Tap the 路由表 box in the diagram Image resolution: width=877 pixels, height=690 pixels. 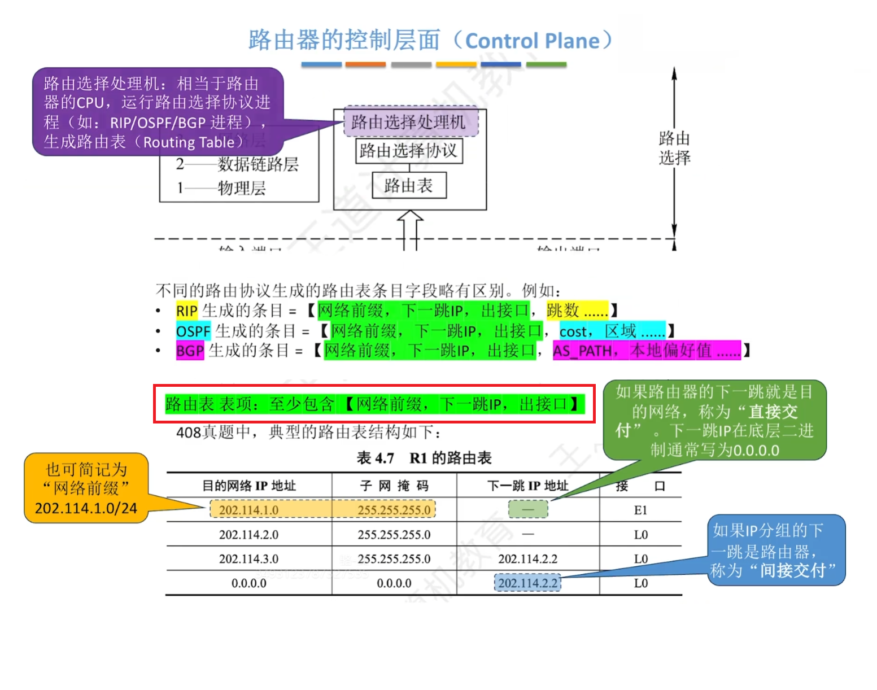tap(409, 185)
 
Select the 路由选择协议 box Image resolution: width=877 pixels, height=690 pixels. tap(409, 151)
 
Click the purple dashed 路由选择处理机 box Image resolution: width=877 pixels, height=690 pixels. tap(411, 122)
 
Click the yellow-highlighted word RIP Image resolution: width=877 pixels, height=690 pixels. tap(186, 311)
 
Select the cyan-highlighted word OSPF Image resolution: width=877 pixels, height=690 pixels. tap(193, 331)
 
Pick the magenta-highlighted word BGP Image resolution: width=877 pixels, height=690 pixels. tap(189, 351)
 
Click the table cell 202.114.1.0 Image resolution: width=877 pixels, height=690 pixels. tap(248, 510)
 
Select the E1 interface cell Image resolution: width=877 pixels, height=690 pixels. tap(640, 510)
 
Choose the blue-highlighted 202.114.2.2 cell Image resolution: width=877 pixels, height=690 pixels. tap(527, 583)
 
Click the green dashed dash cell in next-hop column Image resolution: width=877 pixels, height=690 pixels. tap(527, 509)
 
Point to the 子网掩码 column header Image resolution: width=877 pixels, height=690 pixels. tap(394, 486)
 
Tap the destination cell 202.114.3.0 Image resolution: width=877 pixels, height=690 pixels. tap(248, 559)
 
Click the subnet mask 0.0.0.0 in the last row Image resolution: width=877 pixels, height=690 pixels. tap(394, 583)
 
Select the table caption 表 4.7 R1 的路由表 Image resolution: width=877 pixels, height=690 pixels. tap(424, 458)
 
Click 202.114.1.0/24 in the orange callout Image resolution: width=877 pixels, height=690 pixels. tap(86, 508)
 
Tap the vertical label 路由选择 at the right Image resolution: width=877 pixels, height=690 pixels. tap(674, 148)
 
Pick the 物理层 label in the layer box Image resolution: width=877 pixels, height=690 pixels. tap(242, 187)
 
